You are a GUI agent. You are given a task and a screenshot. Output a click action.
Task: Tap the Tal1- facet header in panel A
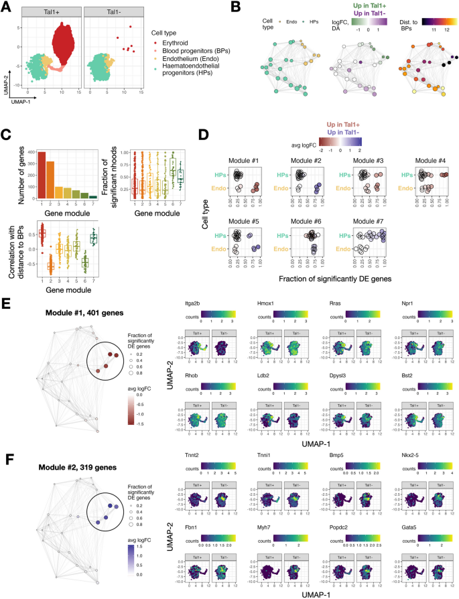[111, 12]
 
